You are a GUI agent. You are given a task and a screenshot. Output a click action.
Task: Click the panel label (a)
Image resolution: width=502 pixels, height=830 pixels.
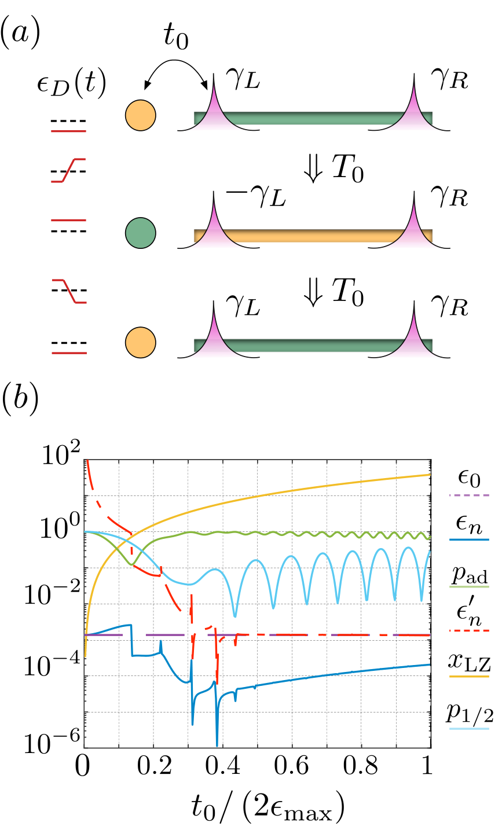[x=20, y=34]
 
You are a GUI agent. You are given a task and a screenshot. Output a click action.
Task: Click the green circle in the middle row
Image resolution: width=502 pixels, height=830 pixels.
[x=140, y=233]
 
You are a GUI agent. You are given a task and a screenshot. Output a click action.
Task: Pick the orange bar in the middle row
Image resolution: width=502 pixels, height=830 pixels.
[x=313, y=236]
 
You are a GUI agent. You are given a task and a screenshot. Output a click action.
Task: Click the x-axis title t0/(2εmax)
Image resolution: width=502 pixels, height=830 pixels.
[x=268, y=809]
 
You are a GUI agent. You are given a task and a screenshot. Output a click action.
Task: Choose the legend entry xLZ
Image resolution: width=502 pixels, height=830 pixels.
[x=469, y=664]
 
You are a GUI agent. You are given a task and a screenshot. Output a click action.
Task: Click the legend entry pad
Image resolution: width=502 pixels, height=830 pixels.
[x=470, y=576]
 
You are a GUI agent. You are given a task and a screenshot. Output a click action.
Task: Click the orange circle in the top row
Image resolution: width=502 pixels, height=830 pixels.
[x=140, y=115]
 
